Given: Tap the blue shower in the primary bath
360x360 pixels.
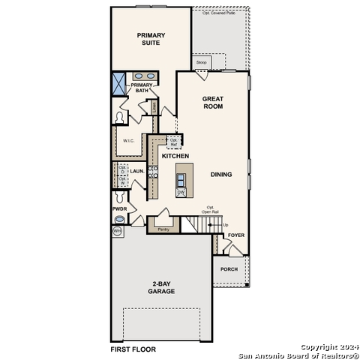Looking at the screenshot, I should [x=119, y=83].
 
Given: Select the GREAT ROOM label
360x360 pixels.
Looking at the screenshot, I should [x=213, y=103].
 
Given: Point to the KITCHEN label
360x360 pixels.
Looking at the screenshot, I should [x=175, y=156].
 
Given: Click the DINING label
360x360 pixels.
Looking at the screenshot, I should [x=221, y=174].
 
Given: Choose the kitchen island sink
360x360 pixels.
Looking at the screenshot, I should [x=181, y=178].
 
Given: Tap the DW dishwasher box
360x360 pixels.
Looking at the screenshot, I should [x=181, y=192].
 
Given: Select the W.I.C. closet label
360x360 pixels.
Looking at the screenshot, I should [x=129, y=140].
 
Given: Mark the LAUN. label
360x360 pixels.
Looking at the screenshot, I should [x=136, y=171].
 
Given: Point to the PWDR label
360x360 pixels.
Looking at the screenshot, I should [x=119, y=208].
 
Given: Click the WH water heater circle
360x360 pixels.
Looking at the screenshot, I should [x=117, y=232].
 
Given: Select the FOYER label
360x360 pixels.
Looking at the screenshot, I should [x=236, y=235].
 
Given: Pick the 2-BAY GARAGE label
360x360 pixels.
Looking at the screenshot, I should [x=161, y=287].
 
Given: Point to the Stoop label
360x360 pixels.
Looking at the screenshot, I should [x=201, y=62].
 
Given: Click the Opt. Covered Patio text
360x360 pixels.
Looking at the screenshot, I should [x=220, y=13].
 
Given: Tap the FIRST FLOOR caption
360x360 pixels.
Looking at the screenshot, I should [x=133, y=349].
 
